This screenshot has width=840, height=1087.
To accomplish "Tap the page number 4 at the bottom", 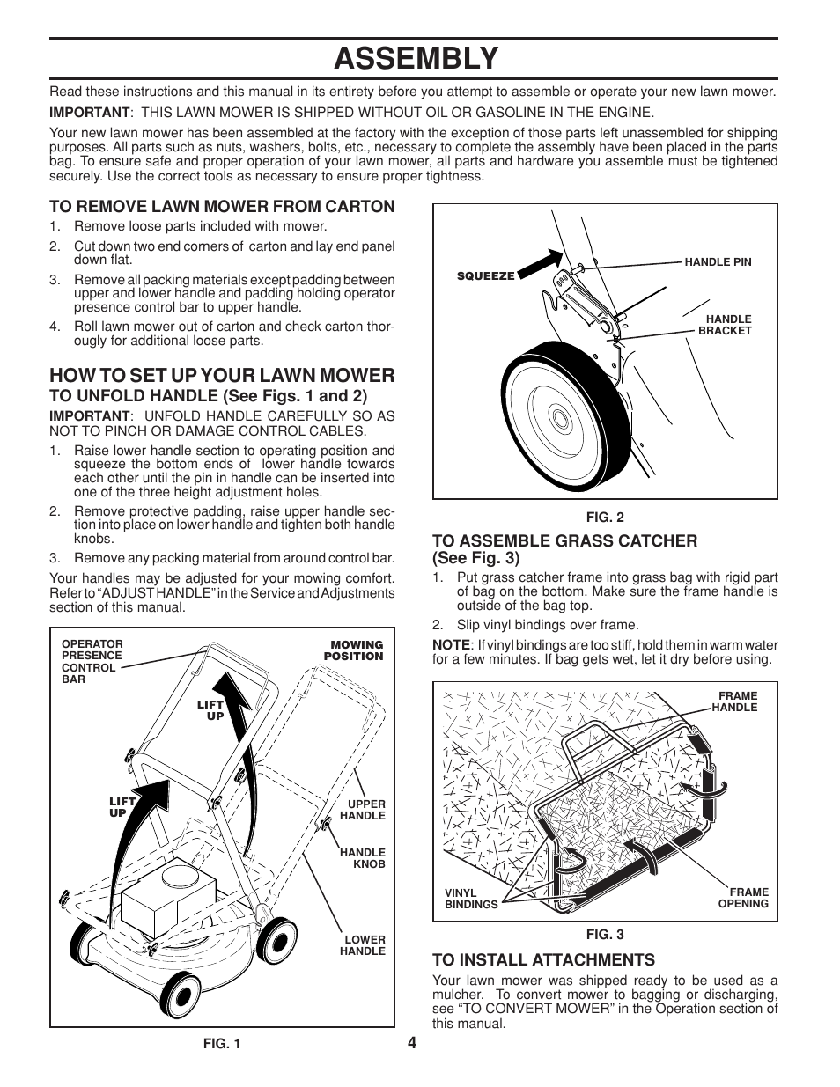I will point(412,1042).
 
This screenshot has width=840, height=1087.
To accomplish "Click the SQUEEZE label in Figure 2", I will point(485,275).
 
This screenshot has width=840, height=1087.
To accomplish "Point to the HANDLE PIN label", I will point(718,262).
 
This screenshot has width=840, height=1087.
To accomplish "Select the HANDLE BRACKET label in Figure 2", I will point(725,325).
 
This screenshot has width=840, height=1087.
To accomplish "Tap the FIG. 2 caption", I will point(605,518).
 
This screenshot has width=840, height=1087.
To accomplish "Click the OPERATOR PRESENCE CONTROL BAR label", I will point(92,661).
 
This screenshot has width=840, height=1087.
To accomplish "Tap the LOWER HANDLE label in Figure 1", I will point(364,945).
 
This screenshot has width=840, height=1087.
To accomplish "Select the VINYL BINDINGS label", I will point(470,899).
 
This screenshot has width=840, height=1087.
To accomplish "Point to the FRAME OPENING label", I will point(742,898).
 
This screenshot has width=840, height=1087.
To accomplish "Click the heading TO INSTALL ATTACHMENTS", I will point(543,959).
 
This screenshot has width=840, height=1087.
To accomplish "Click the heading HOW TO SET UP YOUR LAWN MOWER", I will point(222,375).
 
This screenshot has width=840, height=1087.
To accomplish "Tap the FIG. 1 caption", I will point(221,1044).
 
